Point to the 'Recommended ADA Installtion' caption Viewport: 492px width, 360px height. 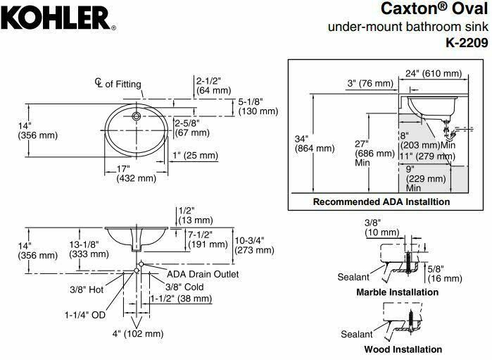(381, 201)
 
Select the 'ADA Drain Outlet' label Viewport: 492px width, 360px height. (203, 273)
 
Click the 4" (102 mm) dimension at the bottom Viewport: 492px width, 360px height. (138, 333)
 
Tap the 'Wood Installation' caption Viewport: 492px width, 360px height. (403, 349)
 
